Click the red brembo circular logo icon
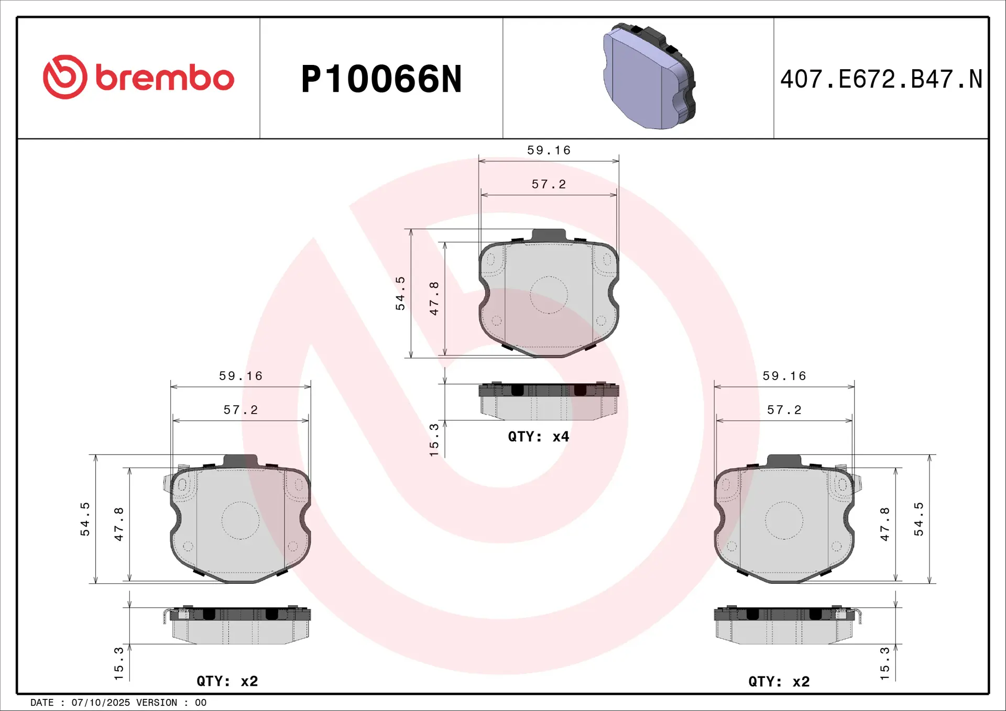tap(65, 77)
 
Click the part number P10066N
tap(381, 80)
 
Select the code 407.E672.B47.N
tap(881, 80)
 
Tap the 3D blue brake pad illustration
tap(649, 76)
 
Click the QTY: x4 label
tap(538, 437)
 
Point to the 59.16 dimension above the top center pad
tap(549, 151)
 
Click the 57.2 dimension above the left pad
tap(240, 410)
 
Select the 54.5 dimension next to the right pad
tap(918, 519)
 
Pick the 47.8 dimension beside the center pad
tap(434, 298)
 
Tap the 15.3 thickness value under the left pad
tap(119, 663)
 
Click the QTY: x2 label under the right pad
tap(779, 682)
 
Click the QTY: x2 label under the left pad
tap(227, 681)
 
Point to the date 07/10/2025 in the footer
tap(101, 703)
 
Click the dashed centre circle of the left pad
tap(240, 520)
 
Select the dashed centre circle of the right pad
tap(784, 520)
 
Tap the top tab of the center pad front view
tap(549, 235)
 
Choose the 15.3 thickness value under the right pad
tap(885, 663)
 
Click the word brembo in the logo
tap(165, 78)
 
